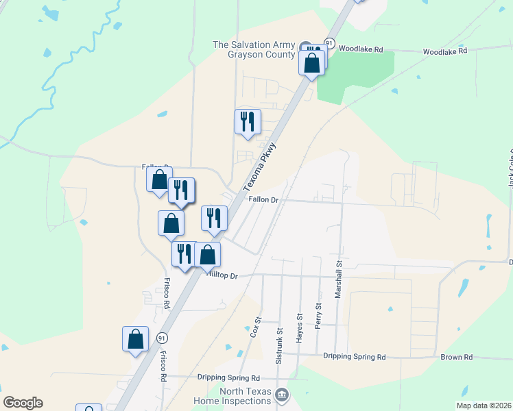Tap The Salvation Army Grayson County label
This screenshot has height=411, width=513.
pos(254,50)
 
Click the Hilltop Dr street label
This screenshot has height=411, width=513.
pos(222,275)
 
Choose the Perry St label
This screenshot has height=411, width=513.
pos(318,316)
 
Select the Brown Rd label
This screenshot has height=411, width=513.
pos(457,357)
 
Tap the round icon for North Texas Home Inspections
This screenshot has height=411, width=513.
pos(281,395)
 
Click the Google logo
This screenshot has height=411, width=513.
pos(23,403)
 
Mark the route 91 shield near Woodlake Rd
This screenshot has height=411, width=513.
pos(329,43)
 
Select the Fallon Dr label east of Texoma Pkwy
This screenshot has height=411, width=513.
pos(263,200)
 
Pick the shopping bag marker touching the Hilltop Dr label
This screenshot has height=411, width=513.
pos(208,255)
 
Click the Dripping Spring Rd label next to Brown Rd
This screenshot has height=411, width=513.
pos(354,357)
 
